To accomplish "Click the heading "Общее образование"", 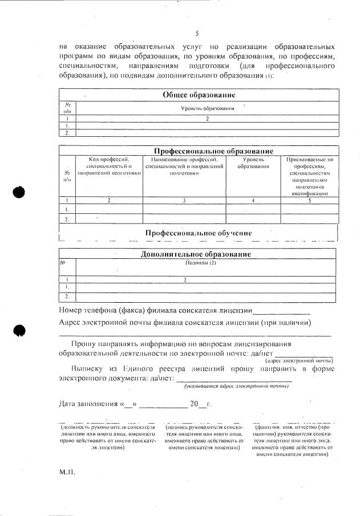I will [x=199, y=95].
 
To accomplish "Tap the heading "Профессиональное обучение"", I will [x=199, y=233].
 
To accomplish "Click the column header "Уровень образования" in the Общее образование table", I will [x=208, y=108].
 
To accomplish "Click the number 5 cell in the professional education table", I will [x=310, y=201].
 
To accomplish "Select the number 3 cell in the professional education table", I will [x=184, y=201].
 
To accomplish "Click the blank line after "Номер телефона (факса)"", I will [x=281, y=311].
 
